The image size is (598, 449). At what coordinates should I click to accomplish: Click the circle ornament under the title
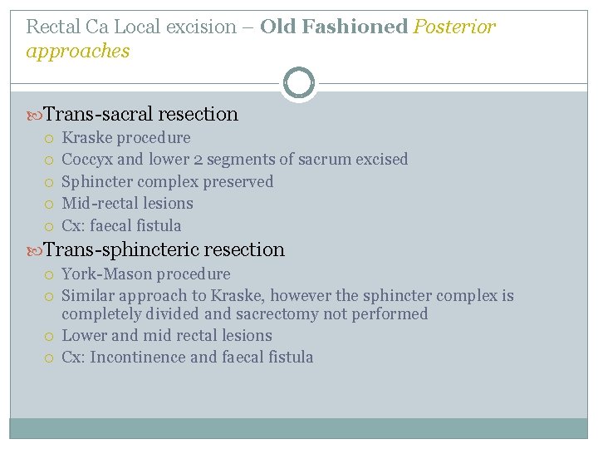point(299,83)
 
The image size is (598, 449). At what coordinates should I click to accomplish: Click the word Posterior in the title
point(455,27)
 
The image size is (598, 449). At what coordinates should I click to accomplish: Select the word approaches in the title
point(78,52)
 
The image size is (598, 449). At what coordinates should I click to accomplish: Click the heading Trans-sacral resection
point(140,114)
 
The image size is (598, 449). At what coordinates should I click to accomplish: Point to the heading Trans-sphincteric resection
point(164,249)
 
